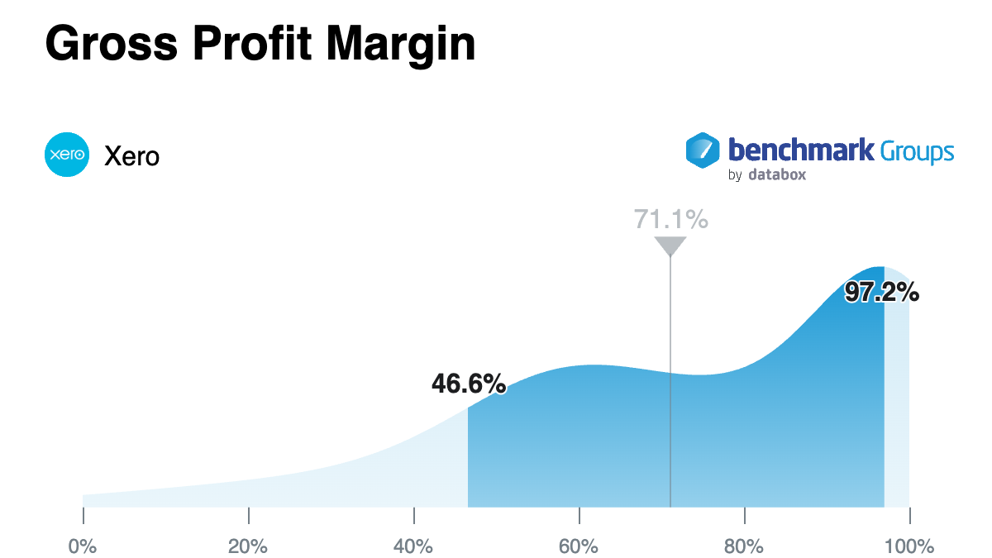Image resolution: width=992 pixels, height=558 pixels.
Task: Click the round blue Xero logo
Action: click(67, 155)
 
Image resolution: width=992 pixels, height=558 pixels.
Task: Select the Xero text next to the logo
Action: click(131, 155)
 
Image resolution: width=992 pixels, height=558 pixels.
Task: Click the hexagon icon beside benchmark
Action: click(703, 151)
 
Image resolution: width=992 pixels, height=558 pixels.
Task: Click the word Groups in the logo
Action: click(917, 152)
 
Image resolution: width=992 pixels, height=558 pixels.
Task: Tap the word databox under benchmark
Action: click(777, 174)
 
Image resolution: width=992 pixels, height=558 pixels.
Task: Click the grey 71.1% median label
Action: click(670, 219)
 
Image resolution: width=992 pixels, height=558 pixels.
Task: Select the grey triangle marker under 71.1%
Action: click(670, 246)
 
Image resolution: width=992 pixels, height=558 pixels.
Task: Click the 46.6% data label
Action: click(468, 384)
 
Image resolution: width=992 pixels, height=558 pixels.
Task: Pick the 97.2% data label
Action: click(882, 292)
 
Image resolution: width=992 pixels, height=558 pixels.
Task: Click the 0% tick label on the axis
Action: click(83, 546)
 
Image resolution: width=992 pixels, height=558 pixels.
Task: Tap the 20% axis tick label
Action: click(248, 546)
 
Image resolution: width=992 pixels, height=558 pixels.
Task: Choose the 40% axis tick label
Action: click(413, 546)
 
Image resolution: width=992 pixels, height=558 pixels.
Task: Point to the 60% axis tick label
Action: click(579, 546)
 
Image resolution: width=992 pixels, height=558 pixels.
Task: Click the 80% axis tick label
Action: click(744, 546)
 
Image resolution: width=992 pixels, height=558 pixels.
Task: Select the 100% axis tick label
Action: click(909, 546)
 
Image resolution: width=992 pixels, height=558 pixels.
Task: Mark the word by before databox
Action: click(735, 175)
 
